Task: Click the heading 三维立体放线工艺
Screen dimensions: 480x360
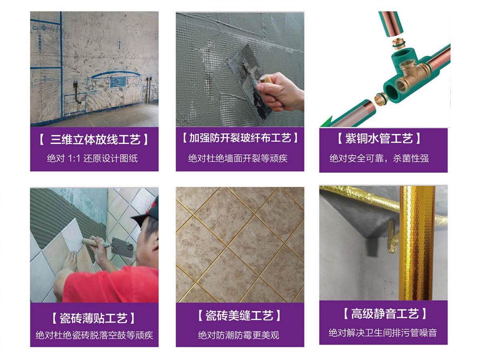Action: point(94,140)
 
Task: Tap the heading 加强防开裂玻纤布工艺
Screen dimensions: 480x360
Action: point(240,138)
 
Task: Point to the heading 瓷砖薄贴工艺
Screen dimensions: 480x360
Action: point(94,318)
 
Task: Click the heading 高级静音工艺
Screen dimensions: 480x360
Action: point(385,314)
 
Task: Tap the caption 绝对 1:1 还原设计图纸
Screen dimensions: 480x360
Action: point(92,158)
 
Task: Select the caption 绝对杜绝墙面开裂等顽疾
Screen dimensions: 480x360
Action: point(238,158)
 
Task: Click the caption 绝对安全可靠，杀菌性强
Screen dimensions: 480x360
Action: point(379,158)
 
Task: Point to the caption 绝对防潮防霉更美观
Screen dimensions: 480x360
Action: point(238,335)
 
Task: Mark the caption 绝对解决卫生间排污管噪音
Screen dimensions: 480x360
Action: point(383,333)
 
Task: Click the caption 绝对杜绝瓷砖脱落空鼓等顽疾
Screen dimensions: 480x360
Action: point(94,335)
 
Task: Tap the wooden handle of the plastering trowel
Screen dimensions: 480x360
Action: point(265,79)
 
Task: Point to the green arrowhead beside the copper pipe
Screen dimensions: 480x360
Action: point(326,122)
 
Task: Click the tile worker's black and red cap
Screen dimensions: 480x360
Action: point(146,211)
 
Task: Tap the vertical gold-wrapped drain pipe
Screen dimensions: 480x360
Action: point(416,243)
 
